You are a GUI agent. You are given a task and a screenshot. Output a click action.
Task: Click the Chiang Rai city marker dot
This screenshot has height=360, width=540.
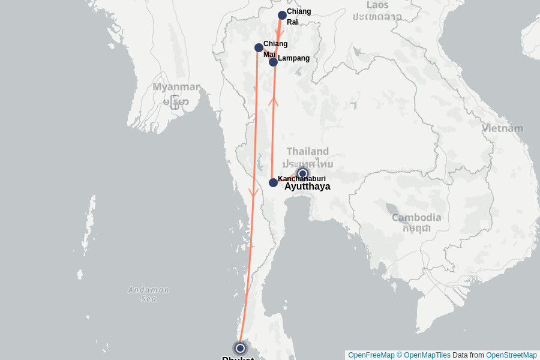pos(282,16)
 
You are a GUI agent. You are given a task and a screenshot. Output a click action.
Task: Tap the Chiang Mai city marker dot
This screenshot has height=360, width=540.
pos(259,47)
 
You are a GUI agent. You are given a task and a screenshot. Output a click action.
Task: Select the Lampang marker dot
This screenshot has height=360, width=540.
pos(273,62)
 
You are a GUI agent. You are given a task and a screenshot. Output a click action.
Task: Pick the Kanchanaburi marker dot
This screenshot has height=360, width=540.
pos(273,182)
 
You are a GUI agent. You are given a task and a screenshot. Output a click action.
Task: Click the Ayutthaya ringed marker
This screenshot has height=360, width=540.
pos(302,174)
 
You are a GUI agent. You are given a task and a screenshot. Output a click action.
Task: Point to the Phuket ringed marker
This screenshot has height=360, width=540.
pos(240,348)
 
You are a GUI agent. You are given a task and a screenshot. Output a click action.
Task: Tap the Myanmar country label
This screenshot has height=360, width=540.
pos(175,87)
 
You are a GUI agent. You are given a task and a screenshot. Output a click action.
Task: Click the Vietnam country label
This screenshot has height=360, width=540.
pos(502,128)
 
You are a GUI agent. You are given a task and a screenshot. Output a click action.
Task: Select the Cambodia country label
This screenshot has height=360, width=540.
pos(416,218)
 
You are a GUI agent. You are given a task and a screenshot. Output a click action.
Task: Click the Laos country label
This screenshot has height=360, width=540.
pos(378,5)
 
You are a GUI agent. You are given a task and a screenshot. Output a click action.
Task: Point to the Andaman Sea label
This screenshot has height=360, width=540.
pos(148,294)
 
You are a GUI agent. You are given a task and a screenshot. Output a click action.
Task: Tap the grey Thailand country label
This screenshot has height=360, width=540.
pos(307,151)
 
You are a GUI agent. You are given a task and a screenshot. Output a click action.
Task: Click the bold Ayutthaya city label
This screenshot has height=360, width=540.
pos(307,187)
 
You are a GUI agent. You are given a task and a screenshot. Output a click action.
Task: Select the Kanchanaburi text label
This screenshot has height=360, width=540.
pos(302,179)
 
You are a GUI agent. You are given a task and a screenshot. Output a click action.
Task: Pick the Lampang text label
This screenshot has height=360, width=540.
pos(293,58)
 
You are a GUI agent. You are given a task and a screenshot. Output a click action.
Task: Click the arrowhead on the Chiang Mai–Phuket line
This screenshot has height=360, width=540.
pos(253,193)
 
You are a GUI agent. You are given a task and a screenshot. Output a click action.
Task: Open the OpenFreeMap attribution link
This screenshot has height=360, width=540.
pos(371,355)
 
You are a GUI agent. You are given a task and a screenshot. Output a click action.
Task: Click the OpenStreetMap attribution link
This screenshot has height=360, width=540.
pos(511,355)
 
